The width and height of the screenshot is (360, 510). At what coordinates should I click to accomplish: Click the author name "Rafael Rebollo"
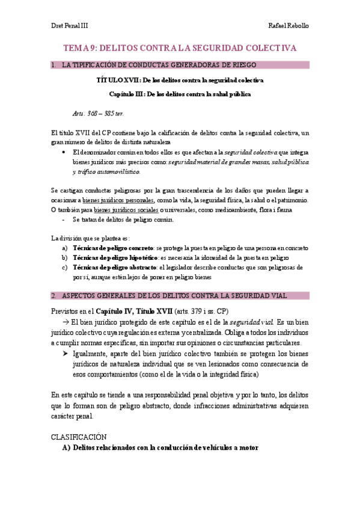point(289,26)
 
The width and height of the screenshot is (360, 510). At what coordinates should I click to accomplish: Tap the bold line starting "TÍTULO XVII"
point(180,79)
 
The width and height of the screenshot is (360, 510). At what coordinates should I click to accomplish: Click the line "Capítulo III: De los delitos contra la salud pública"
point(180,94)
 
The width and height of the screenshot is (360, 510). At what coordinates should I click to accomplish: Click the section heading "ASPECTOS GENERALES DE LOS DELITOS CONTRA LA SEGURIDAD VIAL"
point(174,295)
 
